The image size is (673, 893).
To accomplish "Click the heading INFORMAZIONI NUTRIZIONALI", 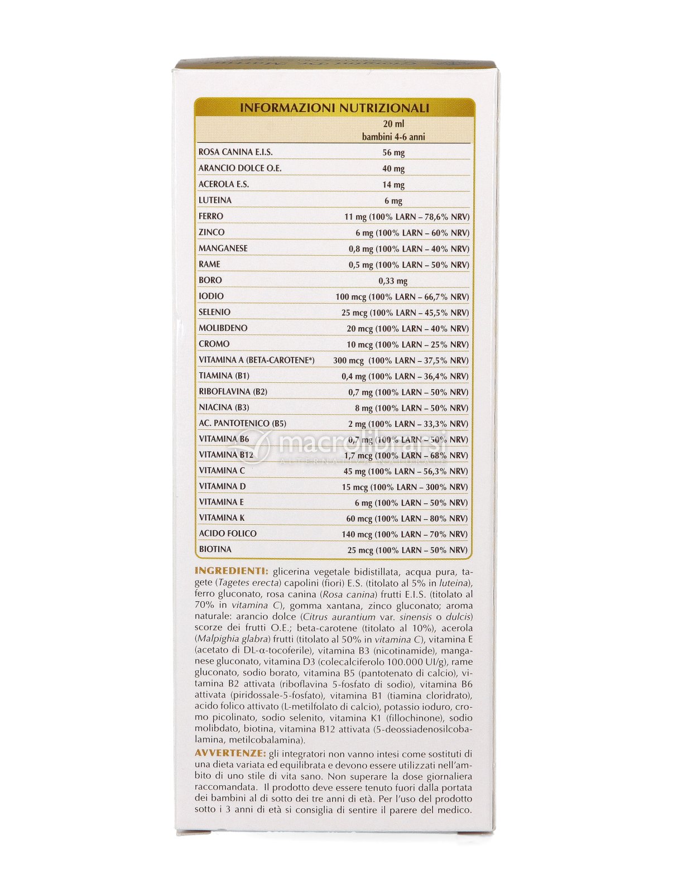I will [334, 108].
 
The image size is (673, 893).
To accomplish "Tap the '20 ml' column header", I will [393, 124].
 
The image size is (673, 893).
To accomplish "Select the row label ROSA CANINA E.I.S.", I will [235, 152].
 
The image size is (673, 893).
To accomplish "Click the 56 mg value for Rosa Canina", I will [393, 152].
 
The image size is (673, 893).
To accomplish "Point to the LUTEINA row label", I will [215, 200].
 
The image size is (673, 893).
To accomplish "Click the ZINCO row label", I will [211, 232].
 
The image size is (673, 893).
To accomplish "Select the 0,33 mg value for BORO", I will [393, 281].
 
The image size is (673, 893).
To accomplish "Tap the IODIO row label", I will [211, 296].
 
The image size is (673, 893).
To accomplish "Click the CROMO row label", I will [214, 344].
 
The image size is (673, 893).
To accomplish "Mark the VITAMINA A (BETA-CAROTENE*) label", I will [257, 360].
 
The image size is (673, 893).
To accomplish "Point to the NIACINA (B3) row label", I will [224, 407].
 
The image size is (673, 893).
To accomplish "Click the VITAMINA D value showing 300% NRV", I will [405, 487].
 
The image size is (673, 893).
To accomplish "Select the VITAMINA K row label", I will [222, 517].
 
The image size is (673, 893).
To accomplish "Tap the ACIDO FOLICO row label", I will [228, 534].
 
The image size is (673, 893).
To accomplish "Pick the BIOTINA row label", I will [215, 549].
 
